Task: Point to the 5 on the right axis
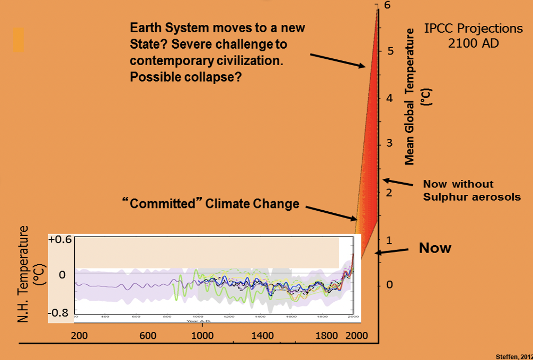[390, 51]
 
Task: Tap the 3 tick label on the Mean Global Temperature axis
[390, 143]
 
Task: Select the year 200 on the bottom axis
[79, 335]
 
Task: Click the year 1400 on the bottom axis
[263, 335]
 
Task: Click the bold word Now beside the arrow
[435, 248]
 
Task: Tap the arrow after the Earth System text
[337, 60]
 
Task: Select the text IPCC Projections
[474, 28]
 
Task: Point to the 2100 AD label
[473, 42]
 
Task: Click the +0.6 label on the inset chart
[59, 240]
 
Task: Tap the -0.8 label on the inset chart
[60, 312]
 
